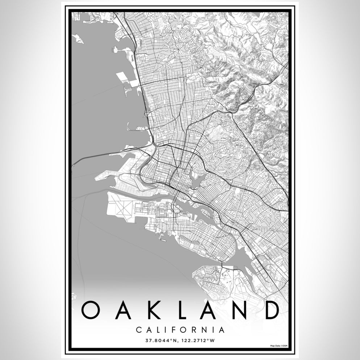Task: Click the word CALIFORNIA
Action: click(180, 330)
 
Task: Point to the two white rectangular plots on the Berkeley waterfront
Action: click(127, 78)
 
